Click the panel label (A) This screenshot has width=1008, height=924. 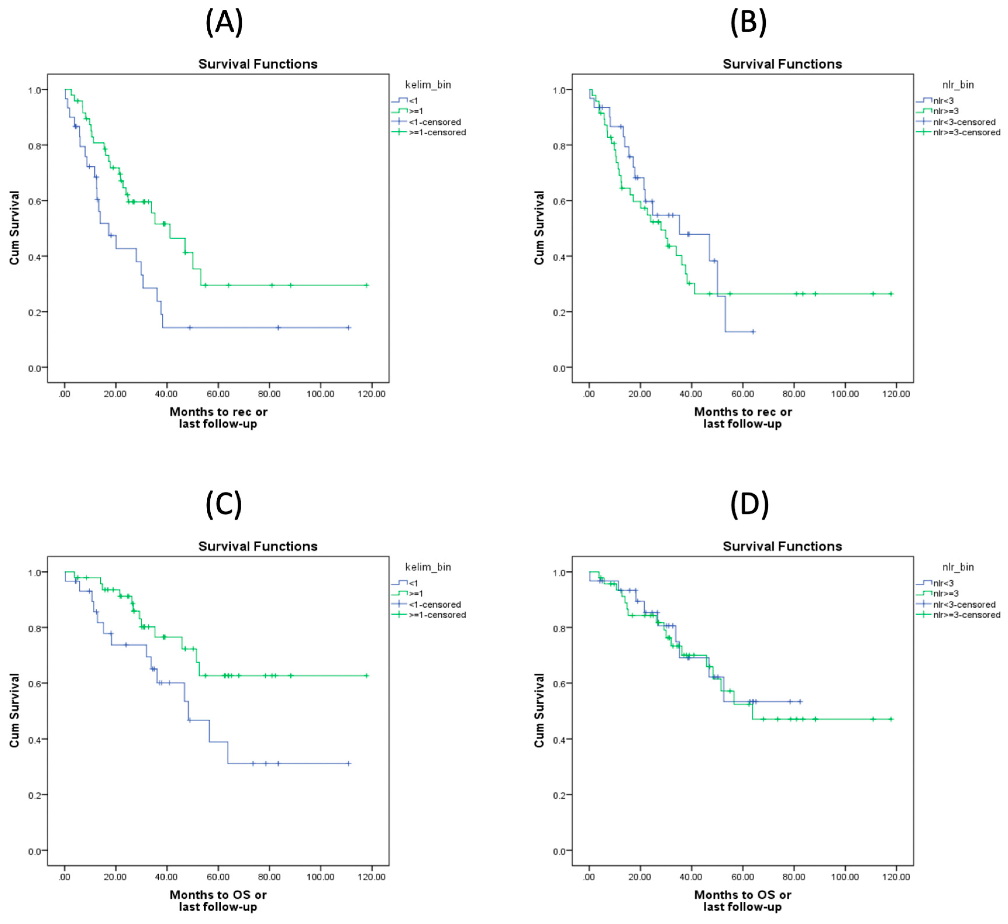pos(224,23)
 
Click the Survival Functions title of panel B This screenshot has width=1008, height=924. pos(782,64)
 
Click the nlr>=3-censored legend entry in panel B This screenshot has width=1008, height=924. pos(966,132)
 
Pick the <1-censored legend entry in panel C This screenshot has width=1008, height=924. pos(434,604)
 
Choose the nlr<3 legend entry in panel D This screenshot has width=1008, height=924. pos(943,583)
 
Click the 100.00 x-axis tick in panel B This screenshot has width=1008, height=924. pos(845,394)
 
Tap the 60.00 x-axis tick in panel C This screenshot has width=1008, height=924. pos(218,877)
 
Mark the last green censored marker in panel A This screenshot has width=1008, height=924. pos(367,285)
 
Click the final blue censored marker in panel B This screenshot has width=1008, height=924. pos(753,332)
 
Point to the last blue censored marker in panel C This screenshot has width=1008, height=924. pos(348,763)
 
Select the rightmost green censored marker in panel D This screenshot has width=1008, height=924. pos(891,719)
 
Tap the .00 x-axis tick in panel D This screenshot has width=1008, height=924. pos(589,877)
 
